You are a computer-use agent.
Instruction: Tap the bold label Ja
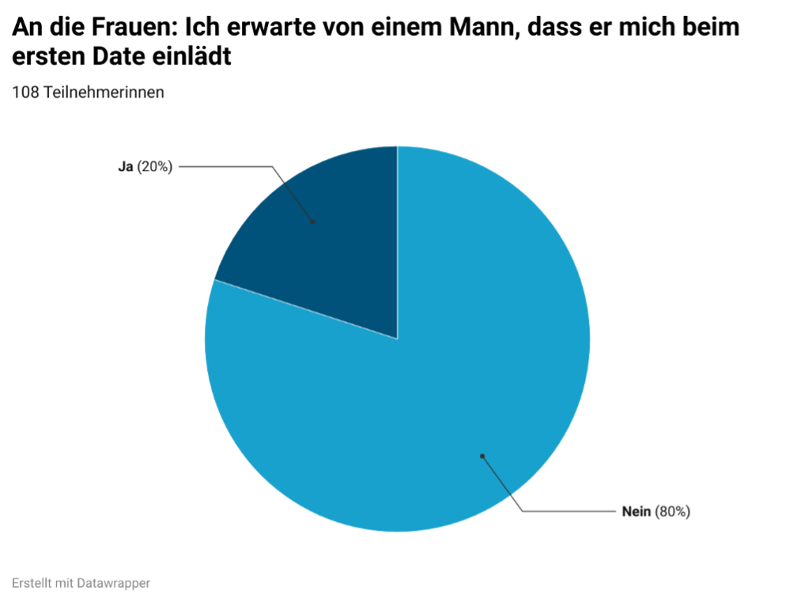pyautogui.click(x=125, y=167)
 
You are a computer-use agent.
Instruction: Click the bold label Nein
pyautogui.click(x=636, y=512)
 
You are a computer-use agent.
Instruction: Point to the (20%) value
pyautogui.click(x=154, y=167)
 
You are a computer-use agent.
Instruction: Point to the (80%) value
pyautogui.click(x=673, y=512)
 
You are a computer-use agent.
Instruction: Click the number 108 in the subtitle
pyautogui.click(x=25, y=93)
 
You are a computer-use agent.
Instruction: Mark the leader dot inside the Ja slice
pyautogui.click(x=312, y=222)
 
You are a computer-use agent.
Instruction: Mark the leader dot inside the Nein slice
pyautogui.click(x=482, y=456)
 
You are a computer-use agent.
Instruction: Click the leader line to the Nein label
pyautogui.click(x=565, y=512)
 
